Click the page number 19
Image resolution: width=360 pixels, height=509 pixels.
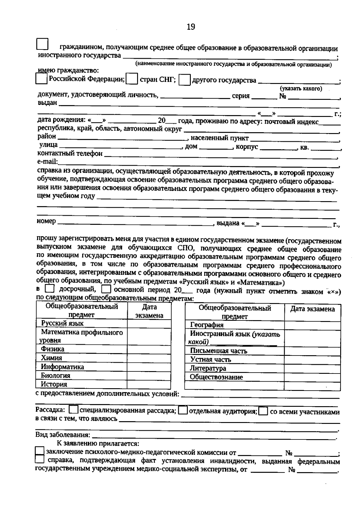point(191,27)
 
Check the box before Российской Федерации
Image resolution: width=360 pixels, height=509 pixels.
point(41,79)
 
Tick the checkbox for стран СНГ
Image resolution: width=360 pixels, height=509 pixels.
point(132,79)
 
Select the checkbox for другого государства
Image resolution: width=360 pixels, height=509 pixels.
point(184,80)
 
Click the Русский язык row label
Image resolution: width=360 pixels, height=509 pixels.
point(62,323)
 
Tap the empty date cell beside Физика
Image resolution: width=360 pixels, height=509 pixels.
point(149,349)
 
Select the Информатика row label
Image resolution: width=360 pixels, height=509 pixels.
point(62,367)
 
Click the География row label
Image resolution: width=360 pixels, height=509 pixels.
point(207,325)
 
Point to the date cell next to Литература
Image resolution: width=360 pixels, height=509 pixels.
point(312,369)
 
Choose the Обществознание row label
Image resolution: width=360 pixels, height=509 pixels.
point(216,377)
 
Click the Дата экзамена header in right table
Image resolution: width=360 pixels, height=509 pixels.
point(312,309)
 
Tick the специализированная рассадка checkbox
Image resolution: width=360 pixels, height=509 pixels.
point(73,410)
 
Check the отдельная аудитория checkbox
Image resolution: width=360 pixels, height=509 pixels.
point(183,410)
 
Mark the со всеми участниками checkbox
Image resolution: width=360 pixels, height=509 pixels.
point(263,411)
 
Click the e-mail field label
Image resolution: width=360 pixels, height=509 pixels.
point(47,162)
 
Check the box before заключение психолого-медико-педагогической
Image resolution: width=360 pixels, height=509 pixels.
point(40,451)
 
